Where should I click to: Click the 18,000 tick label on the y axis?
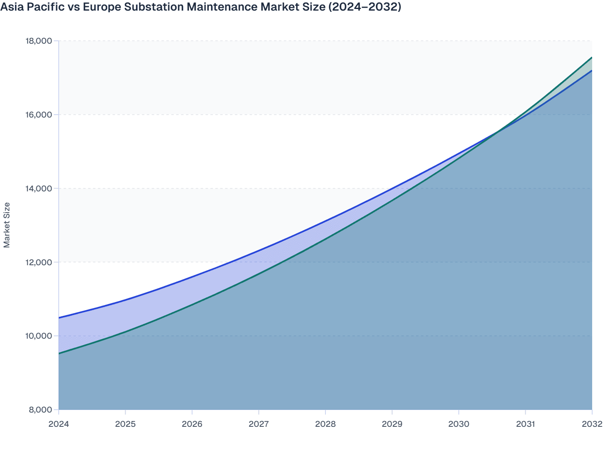[39, 41]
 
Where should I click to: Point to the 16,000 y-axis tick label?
[39, 115]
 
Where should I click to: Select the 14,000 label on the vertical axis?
[39, 189]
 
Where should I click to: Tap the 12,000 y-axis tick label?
[39, 262]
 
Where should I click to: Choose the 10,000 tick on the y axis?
[39, 336]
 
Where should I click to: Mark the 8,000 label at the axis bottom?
[40, 410]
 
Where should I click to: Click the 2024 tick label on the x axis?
[59, 424]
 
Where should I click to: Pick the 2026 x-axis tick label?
[192, 424]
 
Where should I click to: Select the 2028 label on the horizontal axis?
[325, 424]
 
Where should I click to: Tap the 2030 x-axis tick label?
[459, 424]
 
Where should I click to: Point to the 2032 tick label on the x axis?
[592, 424]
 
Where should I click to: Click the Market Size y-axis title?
[7, 225]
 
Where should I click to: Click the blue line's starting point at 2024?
[59, 317]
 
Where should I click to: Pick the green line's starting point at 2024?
[59, 353]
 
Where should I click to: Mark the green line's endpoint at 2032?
[591, 58]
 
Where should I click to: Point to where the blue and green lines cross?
[498, 132]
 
